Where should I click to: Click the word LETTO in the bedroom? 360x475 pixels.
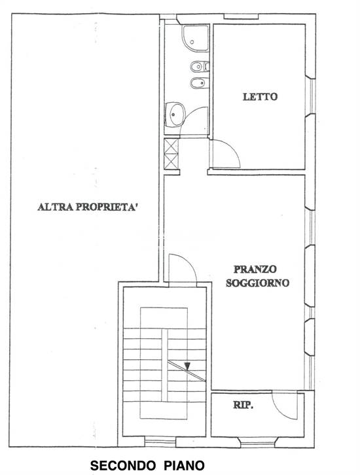[x=260, y=97]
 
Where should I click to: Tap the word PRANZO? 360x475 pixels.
[x=256, y=269]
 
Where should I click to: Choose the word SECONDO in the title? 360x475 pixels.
[x=119, y=466]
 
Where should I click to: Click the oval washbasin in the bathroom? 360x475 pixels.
[x=175, y=115]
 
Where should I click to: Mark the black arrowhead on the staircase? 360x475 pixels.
[x=187, y=366]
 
